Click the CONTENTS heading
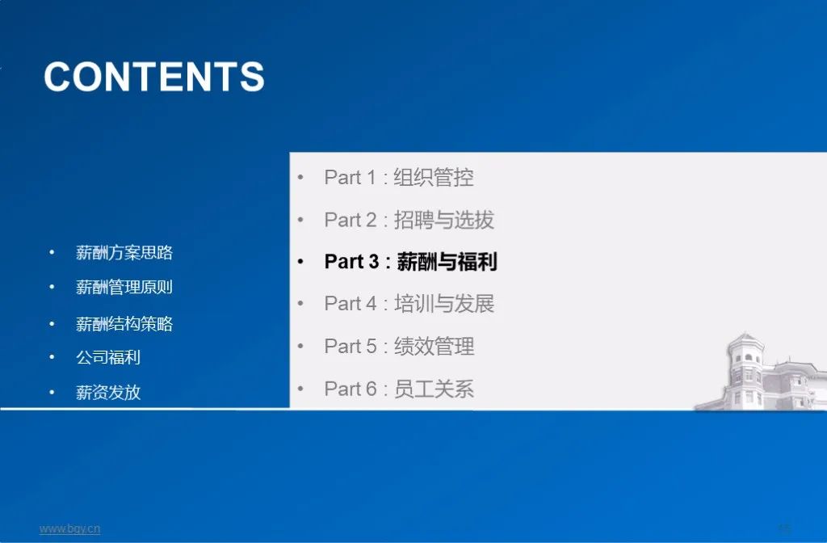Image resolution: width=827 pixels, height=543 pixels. point(154,78)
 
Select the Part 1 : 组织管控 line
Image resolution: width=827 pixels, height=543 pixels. point(399,178)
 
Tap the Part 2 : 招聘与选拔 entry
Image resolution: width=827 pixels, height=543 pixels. point(409,220)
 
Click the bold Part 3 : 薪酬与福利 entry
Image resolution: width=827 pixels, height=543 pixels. point(410,262)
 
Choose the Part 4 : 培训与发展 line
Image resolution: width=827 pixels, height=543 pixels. point(409,304)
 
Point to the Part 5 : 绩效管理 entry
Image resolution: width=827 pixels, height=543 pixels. point(399,347)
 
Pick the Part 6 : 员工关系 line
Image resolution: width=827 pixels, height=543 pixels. point(399,389)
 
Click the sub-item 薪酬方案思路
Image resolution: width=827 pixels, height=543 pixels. point(124,253)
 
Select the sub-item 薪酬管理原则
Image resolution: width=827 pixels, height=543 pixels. point(124,288)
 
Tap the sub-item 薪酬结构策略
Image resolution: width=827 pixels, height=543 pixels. point(124,325)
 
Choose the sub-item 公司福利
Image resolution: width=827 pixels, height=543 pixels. point(108,357)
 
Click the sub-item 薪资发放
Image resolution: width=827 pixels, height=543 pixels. point(108,393)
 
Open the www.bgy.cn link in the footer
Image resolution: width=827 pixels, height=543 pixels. point(70,529)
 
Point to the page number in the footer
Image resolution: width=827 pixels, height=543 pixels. point(784,528)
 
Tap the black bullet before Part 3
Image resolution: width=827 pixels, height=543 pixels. point(300,263)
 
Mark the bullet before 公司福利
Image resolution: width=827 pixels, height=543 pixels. point(52,357)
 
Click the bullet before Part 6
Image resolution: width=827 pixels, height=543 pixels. point(300,389)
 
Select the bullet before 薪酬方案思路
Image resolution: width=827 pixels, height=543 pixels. point(52,253)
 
